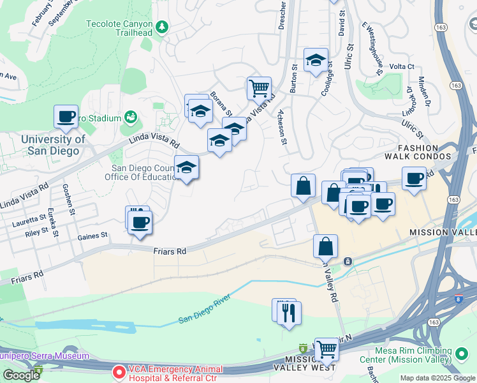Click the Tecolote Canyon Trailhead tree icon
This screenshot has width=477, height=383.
[x=163, y=26]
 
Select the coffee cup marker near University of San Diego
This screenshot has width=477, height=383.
[x=66, y=117]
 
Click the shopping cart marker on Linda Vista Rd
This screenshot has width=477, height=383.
[x=259, y=89]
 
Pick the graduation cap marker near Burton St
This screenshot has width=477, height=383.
[x=316, y=61]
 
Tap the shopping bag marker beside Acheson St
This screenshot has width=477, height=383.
[x=304, y=186]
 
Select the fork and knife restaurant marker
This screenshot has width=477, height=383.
[x=290, y=313]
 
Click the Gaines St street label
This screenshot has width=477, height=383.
[x=92, y=236]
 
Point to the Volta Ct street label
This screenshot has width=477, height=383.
[x=402, y=66]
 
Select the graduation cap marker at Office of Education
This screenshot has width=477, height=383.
[x=187, y=168]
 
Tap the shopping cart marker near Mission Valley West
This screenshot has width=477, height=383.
[x=327, y=349]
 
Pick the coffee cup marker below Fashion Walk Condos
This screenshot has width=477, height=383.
[x=414, y=179]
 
